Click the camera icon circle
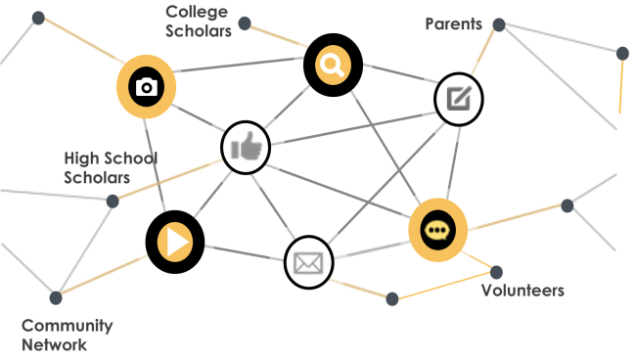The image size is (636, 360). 147,86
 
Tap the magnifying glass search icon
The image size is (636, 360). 333,66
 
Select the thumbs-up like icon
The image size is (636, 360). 245,149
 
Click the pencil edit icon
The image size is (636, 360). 459,98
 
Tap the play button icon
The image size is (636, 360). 174,242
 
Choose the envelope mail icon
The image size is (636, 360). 309,262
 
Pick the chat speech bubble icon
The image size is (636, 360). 437,230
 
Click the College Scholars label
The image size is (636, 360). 198,22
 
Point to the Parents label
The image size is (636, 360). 454,23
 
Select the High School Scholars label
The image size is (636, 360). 111,167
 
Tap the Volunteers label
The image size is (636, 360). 522,291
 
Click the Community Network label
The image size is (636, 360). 68,335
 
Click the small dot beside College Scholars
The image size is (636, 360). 245,23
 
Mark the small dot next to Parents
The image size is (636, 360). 499,23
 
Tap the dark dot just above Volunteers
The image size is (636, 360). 496,271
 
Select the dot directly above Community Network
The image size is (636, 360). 56,297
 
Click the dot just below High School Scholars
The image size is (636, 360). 113,202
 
